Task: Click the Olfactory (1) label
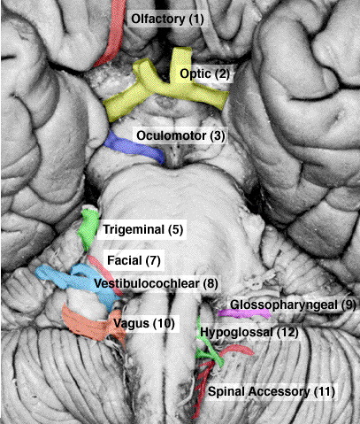click(167, 19)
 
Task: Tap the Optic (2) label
click(204, 73)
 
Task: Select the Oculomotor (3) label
click(180, 136)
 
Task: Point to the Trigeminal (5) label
click(143, 229)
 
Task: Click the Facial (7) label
click(134, 260)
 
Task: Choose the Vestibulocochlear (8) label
click(156, 283)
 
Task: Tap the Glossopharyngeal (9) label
click(293, 305)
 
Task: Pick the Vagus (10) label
click(144, 323)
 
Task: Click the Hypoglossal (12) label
click(249, 333)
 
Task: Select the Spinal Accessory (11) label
click(272, 392)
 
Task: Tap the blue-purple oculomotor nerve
click(134, 148)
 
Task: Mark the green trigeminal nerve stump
click(88, 228)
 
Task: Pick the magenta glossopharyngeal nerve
click(244, 313)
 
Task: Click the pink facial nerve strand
click(104, 274)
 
